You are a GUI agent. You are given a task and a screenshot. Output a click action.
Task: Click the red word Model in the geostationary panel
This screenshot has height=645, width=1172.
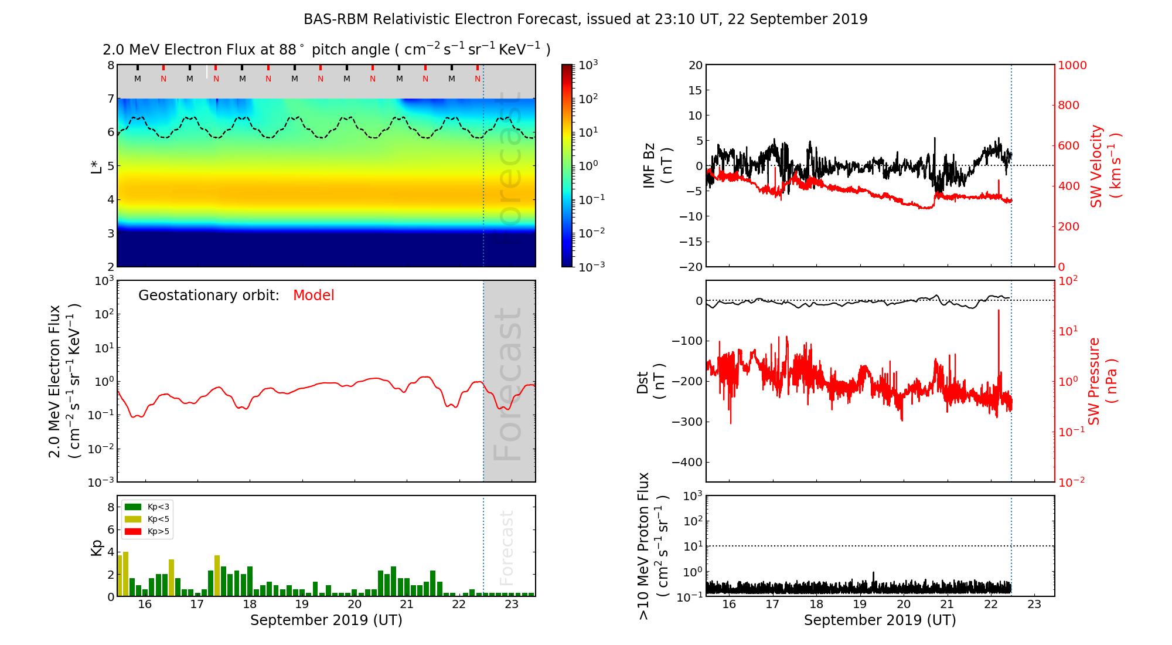(x=314, y=296)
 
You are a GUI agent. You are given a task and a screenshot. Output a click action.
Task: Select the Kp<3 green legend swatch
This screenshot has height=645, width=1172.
(x=133, y=507)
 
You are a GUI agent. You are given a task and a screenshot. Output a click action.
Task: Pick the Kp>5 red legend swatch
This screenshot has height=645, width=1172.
(x=133, y=532)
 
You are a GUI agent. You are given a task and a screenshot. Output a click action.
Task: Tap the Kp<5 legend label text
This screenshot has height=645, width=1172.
(x=158, y=520)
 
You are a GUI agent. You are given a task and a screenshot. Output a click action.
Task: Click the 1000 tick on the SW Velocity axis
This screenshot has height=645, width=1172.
(x=1072, y=65)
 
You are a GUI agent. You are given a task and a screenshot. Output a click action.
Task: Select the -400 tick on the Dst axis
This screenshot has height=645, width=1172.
(x=687, y=462)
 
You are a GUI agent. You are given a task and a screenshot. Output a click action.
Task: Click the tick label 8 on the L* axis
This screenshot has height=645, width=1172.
(x=110, y=65)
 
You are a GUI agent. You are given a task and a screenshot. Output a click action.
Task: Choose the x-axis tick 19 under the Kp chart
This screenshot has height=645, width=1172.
(x=302, y=605)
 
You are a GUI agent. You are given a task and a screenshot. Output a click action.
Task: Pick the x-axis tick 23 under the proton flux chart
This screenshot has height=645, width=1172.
(x=1034, y=605)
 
